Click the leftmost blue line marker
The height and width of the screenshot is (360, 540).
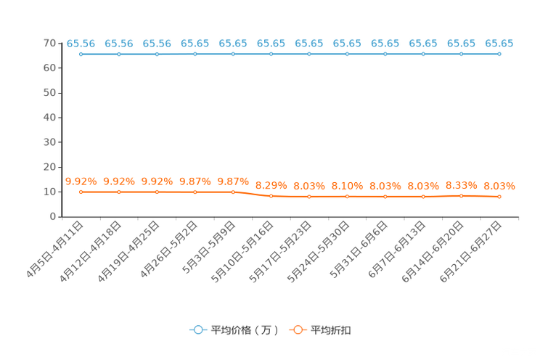81,54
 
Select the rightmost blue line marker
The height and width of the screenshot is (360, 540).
499,54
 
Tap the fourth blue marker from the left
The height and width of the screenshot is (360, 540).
195,54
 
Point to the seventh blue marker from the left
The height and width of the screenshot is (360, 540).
309,54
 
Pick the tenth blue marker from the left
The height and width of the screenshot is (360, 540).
423,54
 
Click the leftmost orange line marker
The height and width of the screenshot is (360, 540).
81,192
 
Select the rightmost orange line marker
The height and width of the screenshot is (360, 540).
499,197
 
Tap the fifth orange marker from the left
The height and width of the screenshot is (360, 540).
233,192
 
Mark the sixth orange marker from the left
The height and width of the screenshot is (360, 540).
271,197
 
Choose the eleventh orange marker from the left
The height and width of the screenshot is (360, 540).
461,196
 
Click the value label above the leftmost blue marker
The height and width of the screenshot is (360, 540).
81,44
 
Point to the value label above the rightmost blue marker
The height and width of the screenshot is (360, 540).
499,44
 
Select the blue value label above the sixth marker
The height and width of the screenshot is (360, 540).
271,44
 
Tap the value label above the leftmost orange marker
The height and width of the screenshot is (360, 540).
81,181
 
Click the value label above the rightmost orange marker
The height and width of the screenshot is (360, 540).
499,187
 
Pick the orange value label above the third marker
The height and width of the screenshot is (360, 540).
157,181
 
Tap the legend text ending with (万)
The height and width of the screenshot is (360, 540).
245,330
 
